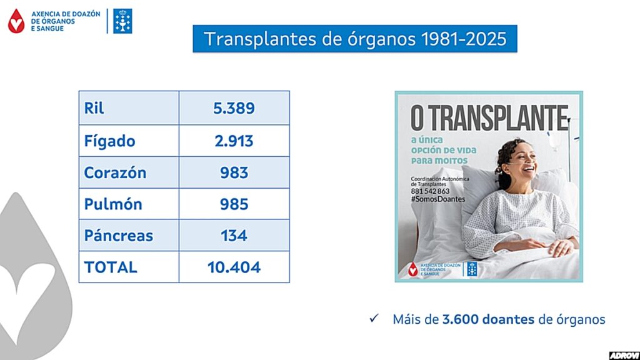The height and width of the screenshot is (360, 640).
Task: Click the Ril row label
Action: click(94, 108)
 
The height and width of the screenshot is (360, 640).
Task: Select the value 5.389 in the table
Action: click(234, 108)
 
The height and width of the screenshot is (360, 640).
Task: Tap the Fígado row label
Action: click(109, 141)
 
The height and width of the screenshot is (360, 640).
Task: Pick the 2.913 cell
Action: click(234, 141)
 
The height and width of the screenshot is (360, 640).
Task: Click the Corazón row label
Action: click(115, 172)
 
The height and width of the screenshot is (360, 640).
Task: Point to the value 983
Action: click(234, 172)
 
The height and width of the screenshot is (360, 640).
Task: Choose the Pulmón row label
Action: click(113, 204)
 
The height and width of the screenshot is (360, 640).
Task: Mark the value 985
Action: click(234, 204)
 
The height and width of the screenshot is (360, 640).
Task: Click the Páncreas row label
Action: click(119, 236)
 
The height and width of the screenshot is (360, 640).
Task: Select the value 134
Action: click(234, 236)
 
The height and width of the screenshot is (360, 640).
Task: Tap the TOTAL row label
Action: click(111, 267)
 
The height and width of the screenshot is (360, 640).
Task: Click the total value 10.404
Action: click(234, 267)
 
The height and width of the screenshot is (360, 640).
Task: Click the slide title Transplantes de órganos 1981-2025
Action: click(354, 39)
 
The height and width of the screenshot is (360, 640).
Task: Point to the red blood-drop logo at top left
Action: click(16, 21)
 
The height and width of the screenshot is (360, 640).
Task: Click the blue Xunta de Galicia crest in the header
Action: click(122, 21)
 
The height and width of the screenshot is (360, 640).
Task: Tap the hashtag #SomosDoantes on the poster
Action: click(439, 198)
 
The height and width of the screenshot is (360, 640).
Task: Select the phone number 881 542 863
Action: click(431, 191)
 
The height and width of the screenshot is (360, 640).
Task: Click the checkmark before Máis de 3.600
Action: click(374, 319)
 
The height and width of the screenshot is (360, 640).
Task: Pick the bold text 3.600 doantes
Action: click(488, 319)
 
